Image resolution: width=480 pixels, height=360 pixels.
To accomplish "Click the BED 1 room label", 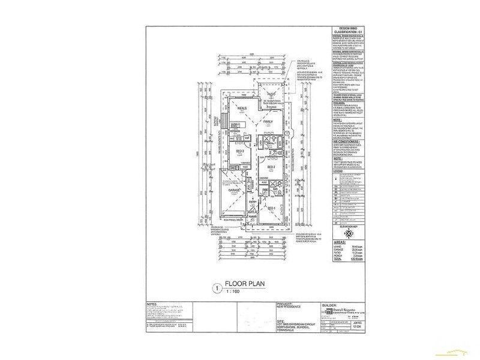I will coord(271,208).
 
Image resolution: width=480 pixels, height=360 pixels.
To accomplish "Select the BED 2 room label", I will coord(271,166).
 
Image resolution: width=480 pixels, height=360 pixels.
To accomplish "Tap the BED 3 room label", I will coord(240,151).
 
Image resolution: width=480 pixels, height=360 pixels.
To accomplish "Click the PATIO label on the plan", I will coord(271,94).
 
